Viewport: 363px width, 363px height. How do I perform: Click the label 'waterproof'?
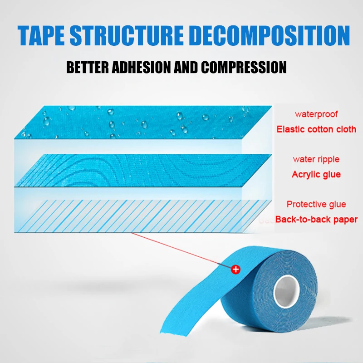coord(316,114)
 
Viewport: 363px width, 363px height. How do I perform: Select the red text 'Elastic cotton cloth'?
coord(316,129)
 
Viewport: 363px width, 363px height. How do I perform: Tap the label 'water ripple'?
coord(316,159)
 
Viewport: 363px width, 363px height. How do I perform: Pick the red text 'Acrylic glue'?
coord(316,174)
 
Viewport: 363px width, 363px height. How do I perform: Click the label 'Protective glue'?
coord(316,204)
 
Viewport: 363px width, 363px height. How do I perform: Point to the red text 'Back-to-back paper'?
coord(316,220)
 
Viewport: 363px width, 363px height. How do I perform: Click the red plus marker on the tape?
coord(235,269)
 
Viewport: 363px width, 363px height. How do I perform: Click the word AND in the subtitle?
coord(185,68)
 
